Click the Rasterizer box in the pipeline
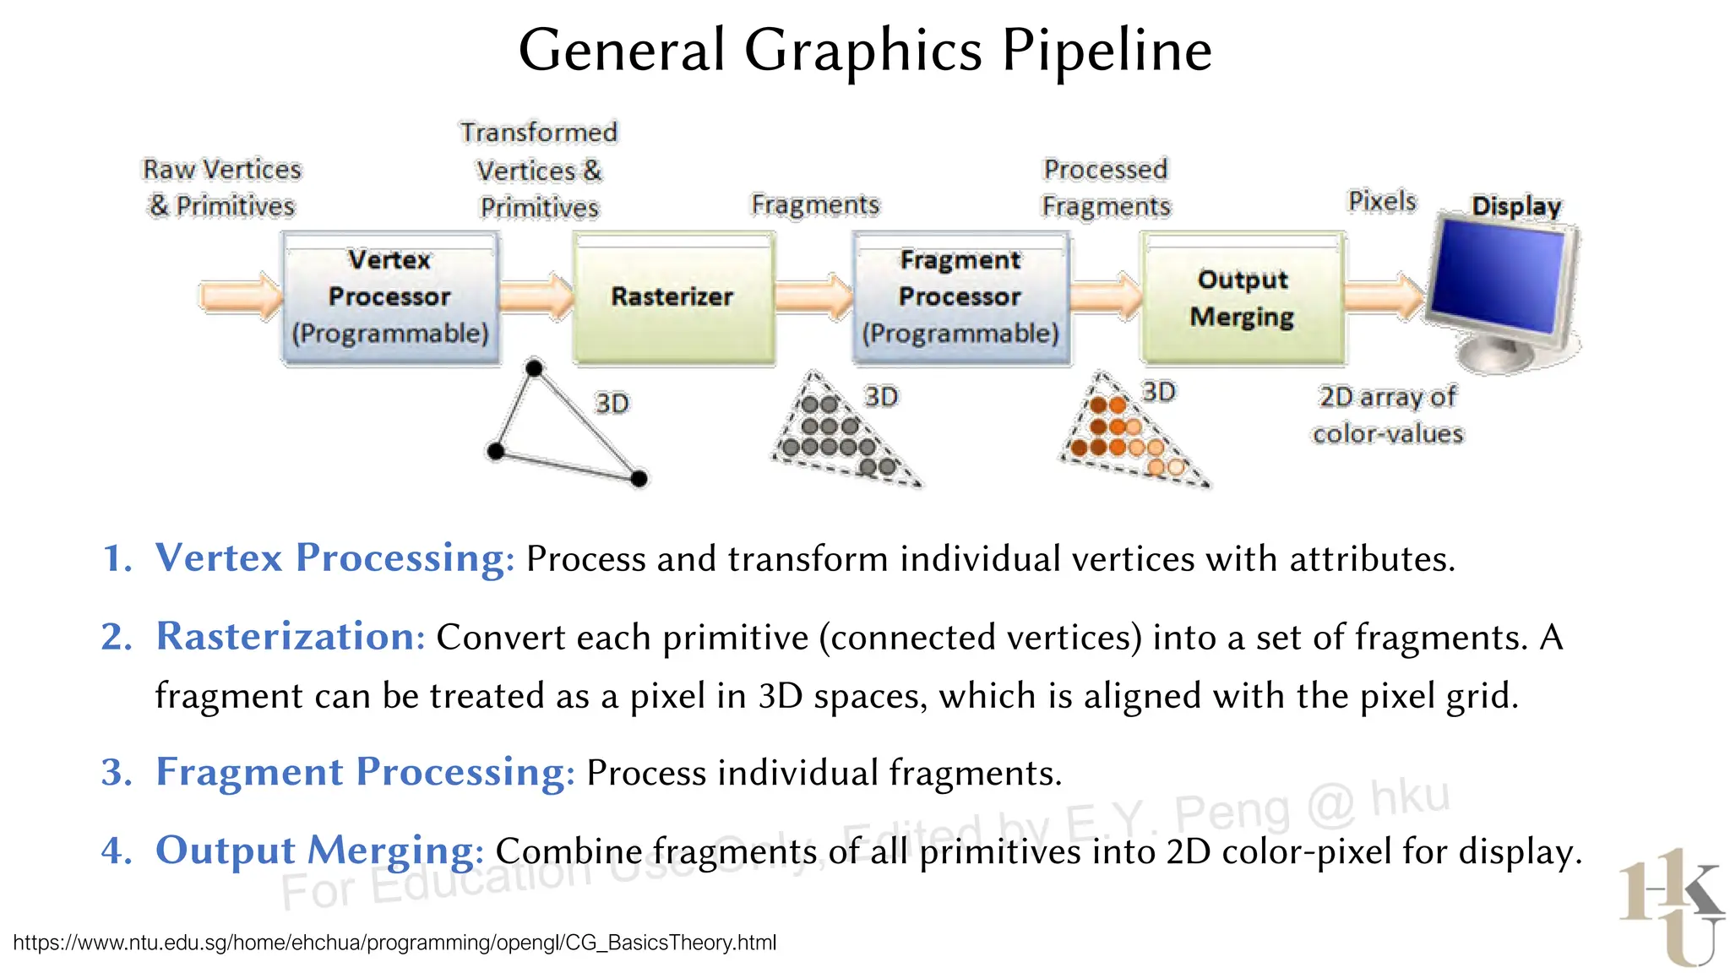pos(673,297)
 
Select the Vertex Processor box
pos(389,297)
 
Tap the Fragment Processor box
pos(960,297)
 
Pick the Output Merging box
pos(1242,297)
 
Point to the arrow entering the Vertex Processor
pos(240,296)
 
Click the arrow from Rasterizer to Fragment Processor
pos(813,296)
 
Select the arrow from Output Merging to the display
pos(1384,296)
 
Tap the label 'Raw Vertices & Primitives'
pos(222,188)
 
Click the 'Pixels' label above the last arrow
pos(1382,201)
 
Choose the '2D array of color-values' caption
pos(1388,415)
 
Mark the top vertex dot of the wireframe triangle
pos(534,368)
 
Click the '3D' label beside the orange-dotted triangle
pos(1159,392)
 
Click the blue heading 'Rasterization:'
pos(291,636)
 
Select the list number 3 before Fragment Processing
pos(116,772)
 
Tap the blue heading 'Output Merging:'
pos(319,850)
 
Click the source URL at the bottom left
pos(394,943)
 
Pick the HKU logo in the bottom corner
pos(1671,907)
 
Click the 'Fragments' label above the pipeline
pos(815,204)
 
